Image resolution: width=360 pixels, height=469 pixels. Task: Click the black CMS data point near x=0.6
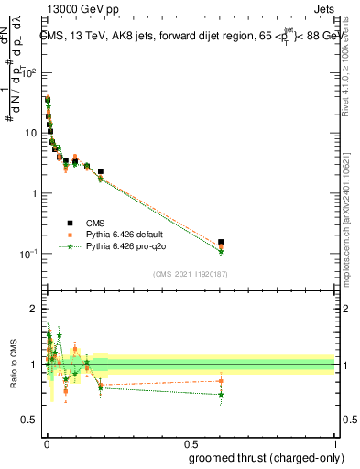click(x=221, y=242)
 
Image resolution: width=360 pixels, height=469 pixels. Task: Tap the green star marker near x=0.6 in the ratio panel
click(x=221, y=395)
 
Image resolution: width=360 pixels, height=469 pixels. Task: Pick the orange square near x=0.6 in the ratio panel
click(x=221, y=381)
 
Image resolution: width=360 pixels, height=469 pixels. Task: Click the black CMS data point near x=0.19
click(x=101, y=171)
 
